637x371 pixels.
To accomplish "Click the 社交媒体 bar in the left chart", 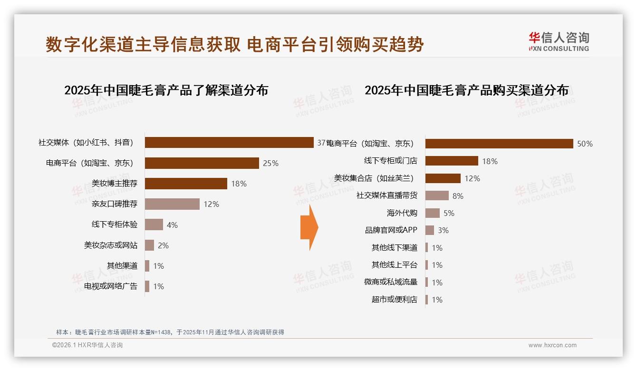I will pos(229,143).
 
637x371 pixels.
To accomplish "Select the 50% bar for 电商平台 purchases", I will pos(499,144).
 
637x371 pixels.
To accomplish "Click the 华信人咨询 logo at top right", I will pos(559,41).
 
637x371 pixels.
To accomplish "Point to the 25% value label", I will pos(270,163).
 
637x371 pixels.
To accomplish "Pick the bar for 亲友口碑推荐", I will pos(172,204).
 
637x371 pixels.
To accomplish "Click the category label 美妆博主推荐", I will pos(115,184).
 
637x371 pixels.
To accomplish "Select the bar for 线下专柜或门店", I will pos(452,161).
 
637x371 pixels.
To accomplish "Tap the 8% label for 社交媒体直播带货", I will pos(458,196).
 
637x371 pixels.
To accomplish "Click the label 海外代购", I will pos(402,213).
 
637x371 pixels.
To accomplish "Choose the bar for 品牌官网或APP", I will pos(430,230).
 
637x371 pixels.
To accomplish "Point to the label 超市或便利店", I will pos(394,300).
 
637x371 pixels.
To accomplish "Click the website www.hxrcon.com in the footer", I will pos(552,345).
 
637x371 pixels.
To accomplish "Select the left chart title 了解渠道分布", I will pos(166,90).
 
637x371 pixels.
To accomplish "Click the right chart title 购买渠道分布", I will pos(466,90).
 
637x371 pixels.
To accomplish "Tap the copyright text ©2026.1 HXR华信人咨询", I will pos(87,345).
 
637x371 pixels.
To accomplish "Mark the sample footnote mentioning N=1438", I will pos(170,332).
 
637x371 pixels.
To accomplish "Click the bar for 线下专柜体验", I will pos(154,225).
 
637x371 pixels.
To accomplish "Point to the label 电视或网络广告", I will pos(111,286).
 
